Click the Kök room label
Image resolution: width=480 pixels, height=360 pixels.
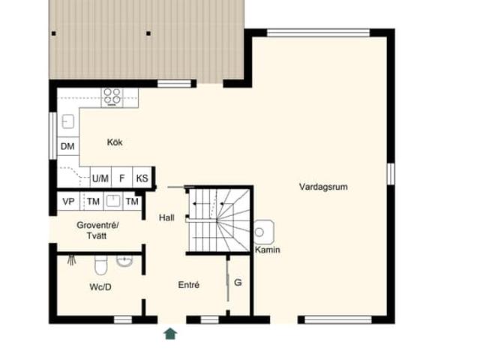tap(115, 142)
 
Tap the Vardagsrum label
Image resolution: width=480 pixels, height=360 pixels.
tap(322, 187)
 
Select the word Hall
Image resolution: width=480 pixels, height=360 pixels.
tap(166, 217)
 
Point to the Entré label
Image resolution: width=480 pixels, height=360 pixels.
tap(188, 285)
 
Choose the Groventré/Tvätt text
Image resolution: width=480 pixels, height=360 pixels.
tap(97, 230)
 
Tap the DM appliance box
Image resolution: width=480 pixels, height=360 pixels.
tap(67, 147)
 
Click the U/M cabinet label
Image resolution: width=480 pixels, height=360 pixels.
tap(100, 178)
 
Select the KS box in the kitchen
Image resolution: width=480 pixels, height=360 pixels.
tap(142, 178)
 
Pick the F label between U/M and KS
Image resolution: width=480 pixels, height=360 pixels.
tap(121, 178)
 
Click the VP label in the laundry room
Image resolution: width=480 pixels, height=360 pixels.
tap(68, 202)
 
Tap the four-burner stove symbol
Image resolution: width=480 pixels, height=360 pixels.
tap(112, 95)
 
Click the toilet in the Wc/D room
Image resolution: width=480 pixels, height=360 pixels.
tap(100, 264)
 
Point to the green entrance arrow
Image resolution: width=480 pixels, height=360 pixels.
tap(170, 333)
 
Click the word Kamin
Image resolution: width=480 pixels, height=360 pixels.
tap(268, 250)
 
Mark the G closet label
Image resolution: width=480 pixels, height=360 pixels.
tap(238, 283)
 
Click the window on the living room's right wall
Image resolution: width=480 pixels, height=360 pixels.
tap(390, 173)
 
